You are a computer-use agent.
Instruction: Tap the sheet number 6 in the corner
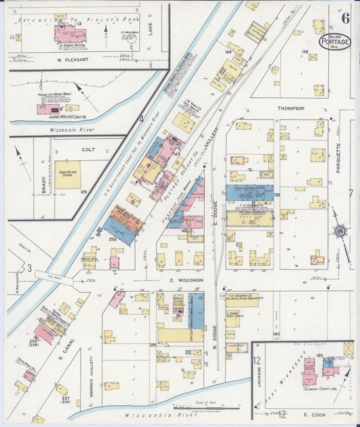coord(344,18)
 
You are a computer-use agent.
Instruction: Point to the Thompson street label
coord(290,108)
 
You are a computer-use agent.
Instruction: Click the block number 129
coord(83,193)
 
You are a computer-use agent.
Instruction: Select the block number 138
coord(305,51)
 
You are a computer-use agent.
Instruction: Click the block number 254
coord(113,239)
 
